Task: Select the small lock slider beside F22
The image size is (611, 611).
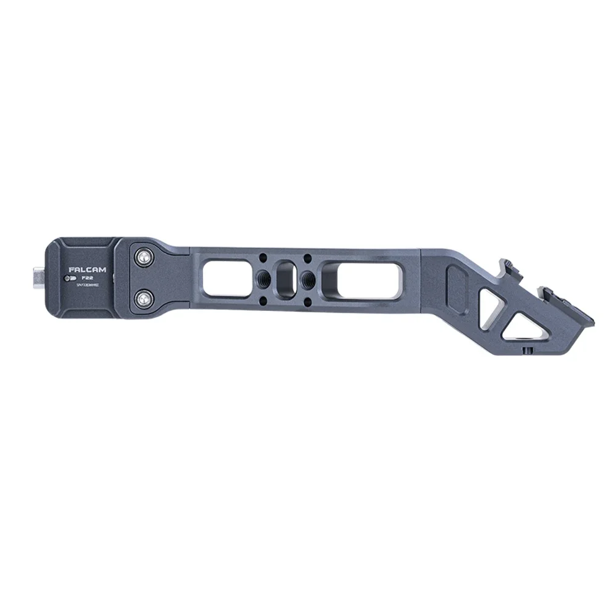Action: [x=68, y=278]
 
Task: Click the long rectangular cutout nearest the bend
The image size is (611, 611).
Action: [x=360, y=279]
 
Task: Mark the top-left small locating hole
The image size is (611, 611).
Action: [x=262, y=257]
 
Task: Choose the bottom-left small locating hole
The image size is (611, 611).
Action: [x=262, y=299]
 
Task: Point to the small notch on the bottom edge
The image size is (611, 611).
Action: [x=526, y=351]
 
